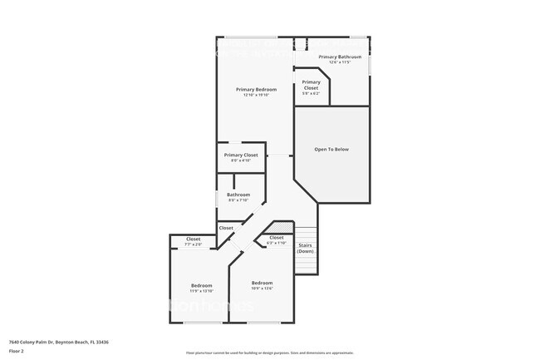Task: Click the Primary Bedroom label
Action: point(256,89)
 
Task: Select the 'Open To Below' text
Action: point(331,150)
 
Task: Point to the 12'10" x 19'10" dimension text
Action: point(256,95)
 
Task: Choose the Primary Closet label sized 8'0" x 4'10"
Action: point(241,155)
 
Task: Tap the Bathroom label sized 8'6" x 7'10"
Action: point(238,195)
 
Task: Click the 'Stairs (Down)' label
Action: point(305,248)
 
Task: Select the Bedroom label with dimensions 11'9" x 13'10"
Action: point(201,285)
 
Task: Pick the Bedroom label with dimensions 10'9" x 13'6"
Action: point(262,283)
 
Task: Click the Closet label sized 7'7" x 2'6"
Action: point(193,239)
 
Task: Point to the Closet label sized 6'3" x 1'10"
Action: point(276,238)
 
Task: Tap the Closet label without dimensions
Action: point(226,227)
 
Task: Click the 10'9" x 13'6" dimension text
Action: point(262,288)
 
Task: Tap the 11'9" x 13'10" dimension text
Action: point(201,291)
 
